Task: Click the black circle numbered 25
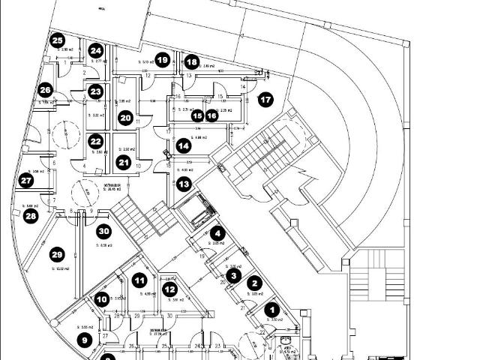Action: click(58, 41)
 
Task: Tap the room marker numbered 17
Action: click(265, 100)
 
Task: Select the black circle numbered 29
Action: click(57, 255)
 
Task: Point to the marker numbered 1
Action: click(272, 308)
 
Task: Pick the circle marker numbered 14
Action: click(184, 145)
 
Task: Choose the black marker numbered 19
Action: click(163, 60)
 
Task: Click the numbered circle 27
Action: click(27, 181)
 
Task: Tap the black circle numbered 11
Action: click(139, 280)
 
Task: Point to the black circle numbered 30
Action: click(104, 232)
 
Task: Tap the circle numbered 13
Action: click(184, 183)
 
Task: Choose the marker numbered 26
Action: click(46, 91)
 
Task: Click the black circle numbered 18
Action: click(192, 62)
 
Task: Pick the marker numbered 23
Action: click(95, 91)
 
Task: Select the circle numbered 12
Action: click(170, 289)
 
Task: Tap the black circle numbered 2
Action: click(254, 283)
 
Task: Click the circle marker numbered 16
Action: click(211, 115)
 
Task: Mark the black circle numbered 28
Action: click(31, 216)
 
